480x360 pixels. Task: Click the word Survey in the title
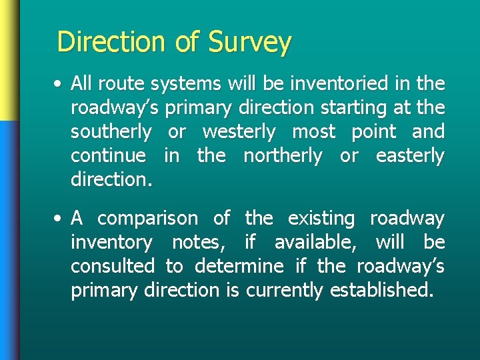249,42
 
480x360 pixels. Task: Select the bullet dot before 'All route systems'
60,85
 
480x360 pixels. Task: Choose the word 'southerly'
111,132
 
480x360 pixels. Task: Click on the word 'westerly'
239,132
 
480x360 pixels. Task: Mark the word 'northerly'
282,156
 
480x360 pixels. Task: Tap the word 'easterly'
409,156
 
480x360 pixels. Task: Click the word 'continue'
108,156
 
